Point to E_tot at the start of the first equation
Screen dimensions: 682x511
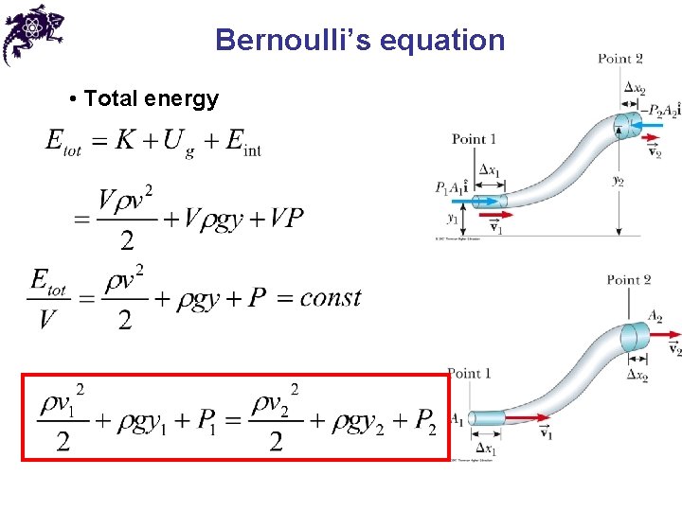[x=63, y=143]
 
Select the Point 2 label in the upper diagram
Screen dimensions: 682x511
[x=620, y=59]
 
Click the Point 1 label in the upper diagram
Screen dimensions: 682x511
[x=474, y=139]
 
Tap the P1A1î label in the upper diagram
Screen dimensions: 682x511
[x=454, y=187]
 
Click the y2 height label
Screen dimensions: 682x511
[x=618, y=179]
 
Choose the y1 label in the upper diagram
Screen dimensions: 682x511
[x=454, y=218]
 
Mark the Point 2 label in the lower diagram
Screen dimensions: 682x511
[x=629, y=279]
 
